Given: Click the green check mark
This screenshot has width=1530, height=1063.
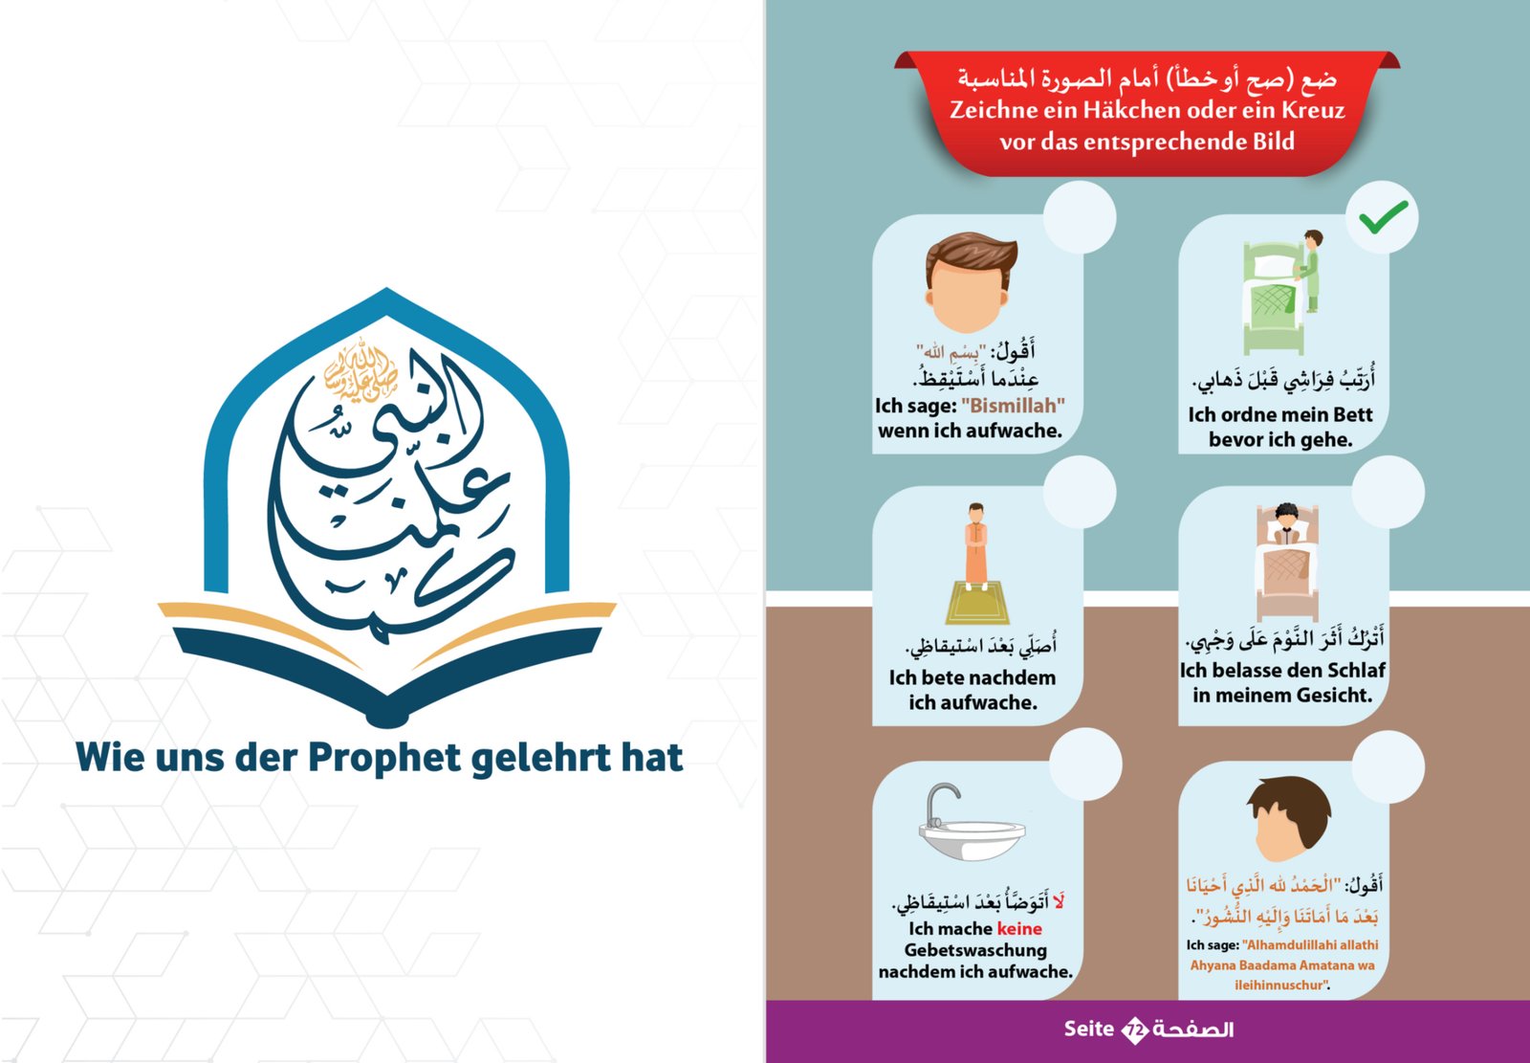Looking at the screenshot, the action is point(1383,217).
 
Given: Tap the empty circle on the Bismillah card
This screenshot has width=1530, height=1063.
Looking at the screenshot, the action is point(1080,217).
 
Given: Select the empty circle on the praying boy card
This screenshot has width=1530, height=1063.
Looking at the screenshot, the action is point(1080,492).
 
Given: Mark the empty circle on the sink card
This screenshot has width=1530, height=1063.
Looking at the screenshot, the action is point(1085,764).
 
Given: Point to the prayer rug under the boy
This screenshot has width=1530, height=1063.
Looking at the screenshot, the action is point(976,602).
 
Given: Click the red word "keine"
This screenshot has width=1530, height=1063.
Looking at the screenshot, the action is point(1019,928).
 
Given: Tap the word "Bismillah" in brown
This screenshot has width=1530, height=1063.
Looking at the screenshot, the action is point(1013,406).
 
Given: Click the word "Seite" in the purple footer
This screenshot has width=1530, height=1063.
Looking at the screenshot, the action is point(1089,1029).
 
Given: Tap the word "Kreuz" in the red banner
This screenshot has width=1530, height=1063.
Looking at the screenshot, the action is point(1313,109).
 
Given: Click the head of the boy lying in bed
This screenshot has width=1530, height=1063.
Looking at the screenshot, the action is point(1286,517).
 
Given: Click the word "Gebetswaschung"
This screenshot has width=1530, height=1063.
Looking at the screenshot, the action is point(975,950).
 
